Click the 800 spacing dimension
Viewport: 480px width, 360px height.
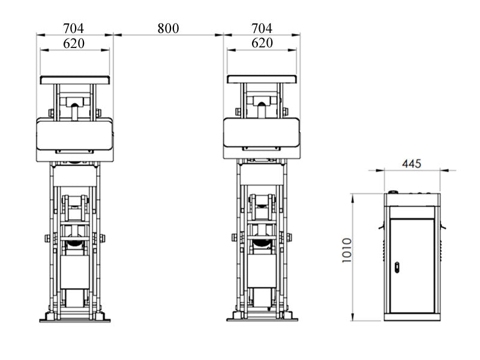168,28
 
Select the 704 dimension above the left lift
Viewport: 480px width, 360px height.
74,28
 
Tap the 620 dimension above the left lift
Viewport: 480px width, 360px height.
74,43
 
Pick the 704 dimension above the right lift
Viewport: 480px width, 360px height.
262,28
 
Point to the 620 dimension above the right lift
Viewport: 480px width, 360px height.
262,43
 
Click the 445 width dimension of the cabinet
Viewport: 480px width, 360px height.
412,163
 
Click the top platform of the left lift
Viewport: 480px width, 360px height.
75,80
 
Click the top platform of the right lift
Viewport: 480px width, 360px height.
262,80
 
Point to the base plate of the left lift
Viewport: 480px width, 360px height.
75,319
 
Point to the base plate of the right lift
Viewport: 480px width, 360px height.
262,319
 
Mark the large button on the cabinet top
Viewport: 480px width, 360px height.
393,193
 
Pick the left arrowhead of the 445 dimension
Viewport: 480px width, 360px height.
386,170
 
